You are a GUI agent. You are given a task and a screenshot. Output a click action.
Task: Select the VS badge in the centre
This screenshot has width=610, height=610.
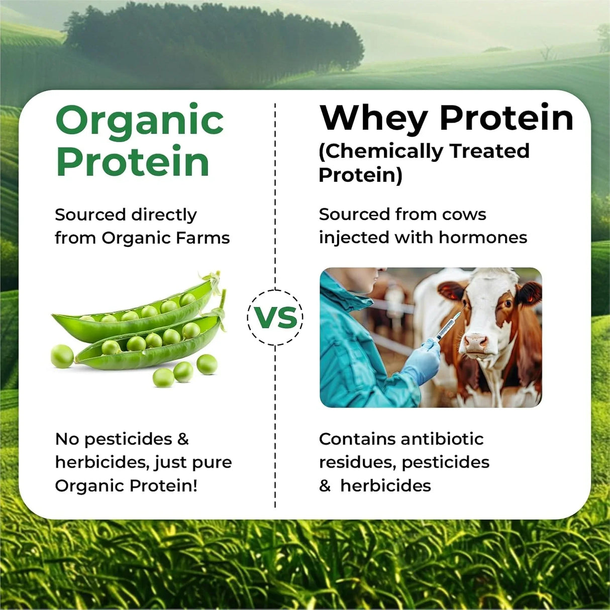(275, 318)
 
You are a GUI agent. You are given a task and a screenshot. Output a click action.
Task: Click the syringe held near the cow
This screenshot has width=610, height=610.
(448, 326)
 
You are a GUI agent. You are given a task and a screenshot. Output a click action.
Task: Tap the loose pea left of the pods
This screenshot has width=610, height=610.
(62, 356)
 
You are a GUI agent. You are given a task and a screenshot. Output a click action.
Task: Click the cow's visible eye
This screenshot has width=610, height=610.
(507, 303)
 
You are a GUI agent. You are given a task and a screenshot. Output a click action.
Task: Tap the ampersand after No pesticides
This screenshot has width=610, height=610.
(183, 439)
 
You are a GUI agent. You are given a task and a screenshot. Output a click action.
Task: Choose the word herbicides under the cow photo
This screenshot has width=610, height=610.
(385, 486)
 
